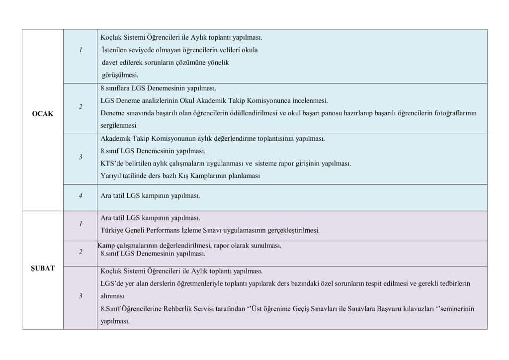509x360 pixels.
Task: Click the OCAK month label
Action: [x=42, y=113]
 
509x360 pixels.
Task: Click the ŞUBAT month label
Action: [x=43, y=268]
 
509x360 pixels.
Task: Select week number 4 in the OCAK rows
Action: [x=80, y=196]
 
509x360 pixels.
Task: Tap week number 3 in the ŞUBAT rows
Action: [x=80, y=296]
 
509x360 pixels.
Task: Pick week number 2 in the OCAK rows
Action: [x=80, y=107]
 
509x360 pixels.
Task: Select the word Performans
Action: [x=160, y=230]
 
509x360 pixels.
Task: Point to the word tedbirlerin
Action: [x=453, y=283]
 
